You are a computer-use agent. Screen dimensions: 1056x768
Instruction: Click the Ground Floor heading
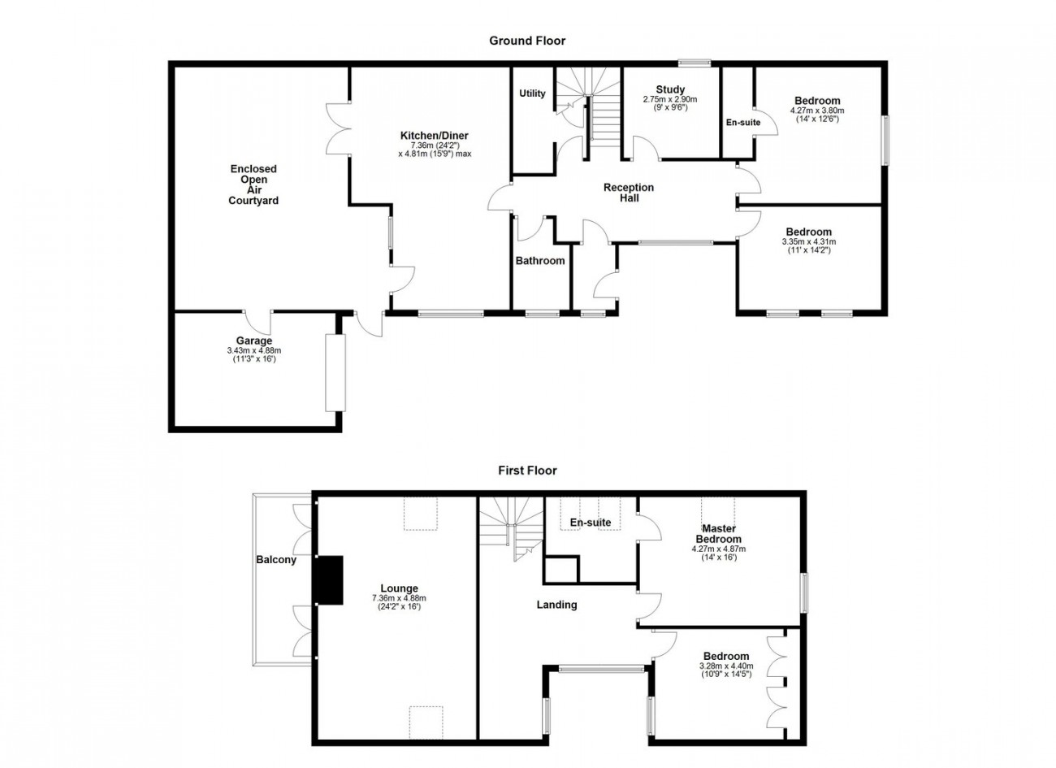[x=527, y=41]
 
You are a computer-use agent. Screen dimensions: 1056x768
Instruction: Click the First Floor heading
[x=527, y=471]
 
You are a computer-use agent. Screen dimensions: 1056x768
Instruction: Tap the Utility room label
[x=532, y=93]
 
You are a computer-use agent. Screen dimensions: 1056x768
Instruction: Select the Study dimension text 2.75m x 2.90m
[x=670, y=99]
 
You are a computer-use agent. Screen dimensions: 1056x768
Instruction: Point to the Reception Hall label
[x=629, y=193]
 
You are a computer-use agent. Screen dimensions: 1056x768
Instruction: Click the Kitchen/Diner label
[x=435, y=136]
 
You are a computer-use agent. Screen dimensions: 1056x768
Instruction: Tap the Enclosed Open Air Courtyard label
[x=253, y=184]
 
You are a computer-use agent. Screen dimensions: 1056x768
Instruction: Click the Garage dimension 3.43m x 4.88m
[x=254, y=350]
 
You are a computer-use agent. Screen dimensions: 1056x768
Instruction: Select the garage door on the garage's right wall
[x=335, y=373]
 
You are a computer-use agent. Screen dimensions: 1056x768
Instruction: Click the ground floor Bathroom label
[x=540, y=260]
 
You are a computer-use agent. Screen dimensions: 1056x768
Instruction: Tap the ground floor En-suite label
[x=743, y=123]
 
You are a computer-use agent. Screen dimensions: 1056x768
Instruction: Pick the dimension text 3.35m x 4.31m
[x=809, y=241]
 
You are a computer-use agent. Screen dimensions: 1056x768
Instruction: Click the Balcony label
[x=276, y=560]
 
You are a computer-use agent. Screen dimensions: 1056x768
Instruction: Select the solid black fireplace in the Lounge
[x=329, y=580]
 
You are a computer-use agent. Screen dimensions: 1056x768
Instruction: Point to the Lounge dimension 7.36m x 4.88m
[x=399, y=598]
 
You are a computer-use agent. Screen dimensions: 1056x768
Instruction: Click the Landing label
[x=556, y=605]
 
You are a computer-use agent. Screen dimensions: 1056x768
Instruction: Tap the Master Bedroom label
[x=718, y=534]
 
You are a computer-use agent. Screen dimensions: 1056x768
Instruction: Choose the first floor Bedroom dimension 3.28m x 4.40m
[x=726, y=666]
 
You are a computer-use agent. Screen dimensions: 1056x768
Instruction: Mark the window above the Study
[x=695, y=62]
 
